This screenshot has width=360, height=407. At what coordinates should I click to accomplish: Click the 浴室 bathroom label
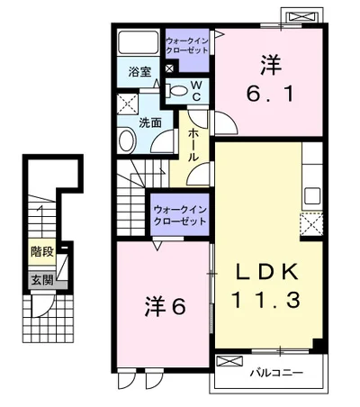[139, 72]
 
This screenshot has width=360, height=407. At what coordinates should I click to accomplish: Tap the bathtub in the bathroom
[139, 42]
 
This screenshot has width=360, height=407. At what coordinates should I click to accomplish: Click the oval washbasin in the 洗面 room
[127, 140]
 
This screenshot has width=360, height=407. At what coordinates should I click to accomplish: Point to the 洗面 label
[150, 122]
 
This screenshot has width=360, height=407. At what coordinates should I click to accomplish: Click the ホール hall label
[193, 146]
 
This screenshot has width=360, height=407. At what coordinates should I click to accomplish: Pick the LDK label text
[267, 272]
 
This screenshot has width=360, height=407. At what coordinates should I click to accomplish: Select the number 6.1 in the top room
[269, 94]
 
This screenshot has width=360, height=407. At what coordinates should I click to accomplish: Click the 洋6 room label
[166, 306]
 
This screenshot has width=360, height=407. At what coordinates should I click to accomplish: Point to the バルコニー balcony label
[276, 373]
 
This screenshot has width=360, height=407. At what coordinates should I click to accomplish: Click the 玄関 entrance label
[42, 280]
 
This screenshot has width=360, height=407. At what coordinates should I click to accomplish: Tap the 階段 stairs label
[42, 251]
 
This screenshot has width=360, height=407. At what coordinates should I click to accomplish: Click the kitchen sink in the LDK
[312, 195]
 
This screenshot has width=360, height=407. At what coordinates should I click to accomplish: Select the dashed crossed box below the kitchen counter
[311, 223]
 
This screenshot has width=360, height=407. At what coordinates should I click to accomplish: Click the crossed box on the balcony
[229, 361]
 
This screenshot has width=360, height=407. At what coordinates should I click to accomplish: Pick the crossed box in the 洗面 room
[127, 104]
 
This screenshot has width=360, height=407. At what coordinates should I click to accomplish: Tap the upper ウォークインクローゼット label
[187, 45]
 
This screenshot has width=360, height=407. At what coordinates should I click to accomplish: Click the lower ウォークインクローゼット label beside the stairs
[180, 215]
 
